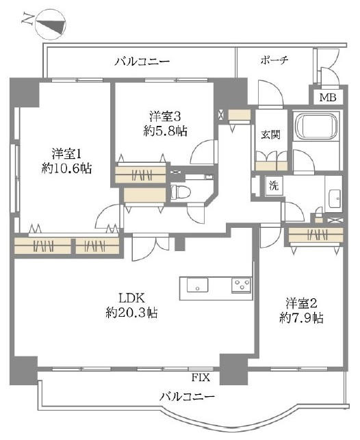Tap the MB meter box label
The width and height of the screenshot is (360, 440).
point(328,98)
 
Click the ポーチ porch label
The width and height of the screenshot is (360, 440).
point(274,60)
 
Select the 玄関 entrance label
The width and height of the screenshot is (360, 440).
point(271,135)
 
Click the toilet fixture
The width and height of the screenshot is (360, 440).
point(181,193)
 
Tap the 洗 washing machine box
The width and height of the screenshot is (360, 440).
point(274,185)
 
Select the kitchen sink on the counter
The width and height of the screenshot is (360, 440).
point(198,285)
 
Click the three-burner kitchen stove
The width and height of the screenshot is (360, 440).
point(241,285)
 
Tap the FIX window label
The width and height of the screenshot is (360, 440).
point(201,378)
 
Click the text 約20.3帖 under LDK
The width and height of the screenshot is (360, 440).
point(131,312)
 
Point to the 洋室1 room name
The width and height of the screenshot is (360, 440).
point(66,154)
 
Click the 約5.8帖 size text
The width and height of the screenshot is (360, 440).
point(165,131)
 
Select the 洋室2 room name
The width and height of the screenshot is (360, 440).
point(302,304)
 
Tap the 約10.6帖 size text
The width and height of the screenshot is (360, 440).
point(66,168)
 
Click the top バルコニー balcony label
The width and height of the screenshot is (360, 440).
point(142,62)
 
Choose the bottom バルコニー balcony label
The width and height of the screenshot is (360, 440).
point(187,397)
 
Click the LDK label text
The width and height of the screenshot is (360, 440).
point(131,298)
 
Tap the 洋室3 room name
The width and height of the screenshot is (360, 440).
point(165,116)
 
